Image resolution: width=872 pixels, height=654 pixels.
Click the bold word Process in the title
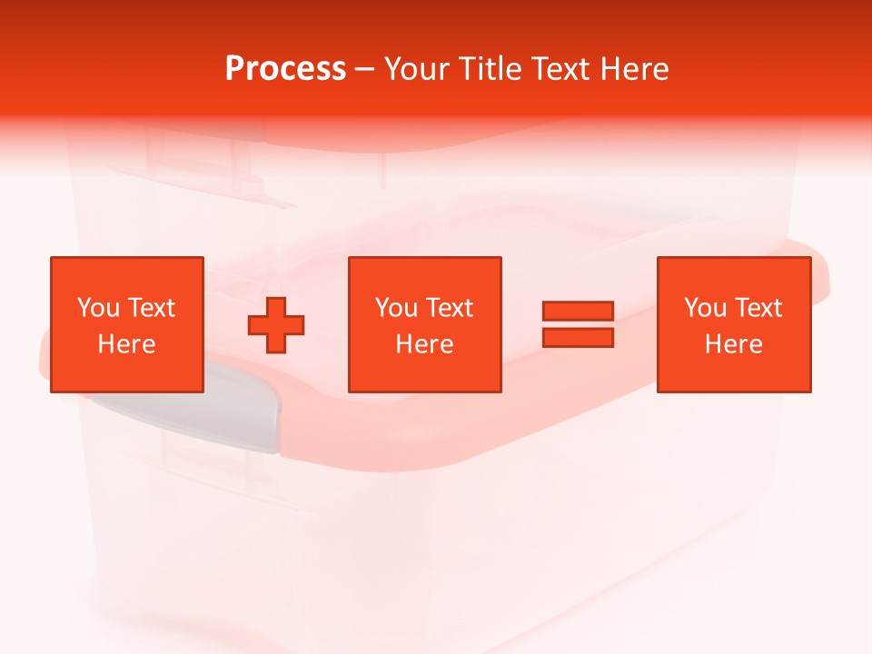tap(285, 69)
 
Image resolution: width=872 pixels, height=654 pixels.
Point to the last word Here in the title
tap(635, 69)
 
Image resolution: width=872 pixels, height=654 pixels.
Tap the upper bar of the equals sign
tap(578, 311)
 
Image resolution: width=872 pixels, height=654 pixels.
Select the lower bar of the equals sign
tap(578, 337)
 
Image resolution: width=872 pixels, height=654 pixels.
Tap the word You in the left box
tap(98, 308)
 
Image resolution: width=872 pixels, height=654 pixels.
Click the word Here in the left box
tap(127, 344)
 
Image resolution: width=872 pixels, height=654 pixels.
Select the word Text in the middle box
tap(451, 308)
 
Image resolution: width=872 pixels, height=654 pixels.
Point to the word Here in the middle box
tap(425, 344)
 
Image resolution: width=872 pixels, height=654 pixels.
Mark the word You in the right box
tap(705, 308)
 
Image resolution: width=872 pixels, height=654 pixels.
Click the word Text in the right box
tap(759, 308)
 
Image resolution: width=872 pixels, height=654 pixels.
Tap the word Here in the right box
tap(734, 344)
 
